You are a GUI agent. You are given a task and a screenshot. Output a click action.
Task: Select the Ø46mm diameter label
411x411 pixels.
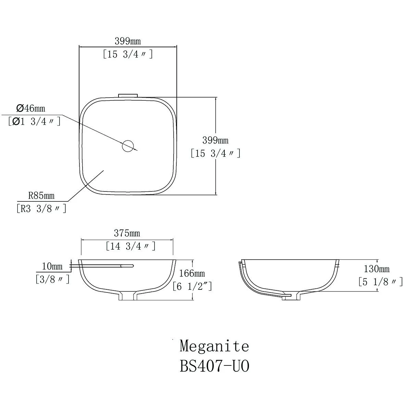tap(31, 108)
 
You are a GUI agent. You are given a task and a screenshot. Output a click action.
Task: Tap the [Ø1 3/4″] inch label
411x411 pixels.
tap(35, 122)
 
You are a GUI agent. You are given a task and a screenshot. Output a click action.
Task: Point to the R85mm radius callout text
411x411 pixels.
tap(41, 195)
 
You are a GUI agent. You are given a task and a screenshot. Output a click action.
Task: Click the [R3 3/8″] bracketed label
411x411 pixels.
tap(41, 209)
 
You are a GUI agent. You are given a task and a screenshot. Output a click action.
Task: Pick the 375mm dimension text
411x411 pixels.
tap(127, 233)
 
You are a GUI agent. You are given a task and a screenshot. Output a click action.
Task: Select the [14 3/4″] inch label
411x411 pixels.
tap(131, 246)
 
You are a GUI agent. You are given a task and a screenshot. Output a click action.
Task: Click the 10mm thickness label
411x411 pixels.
tap(52, 266)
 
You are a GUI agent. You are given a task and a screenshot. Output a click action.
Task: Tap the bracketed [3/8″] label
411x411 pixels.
tap(52, 279)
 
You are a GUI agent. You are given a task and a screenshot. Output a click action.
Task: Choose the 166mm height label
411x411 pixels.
tap(192, 273)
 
